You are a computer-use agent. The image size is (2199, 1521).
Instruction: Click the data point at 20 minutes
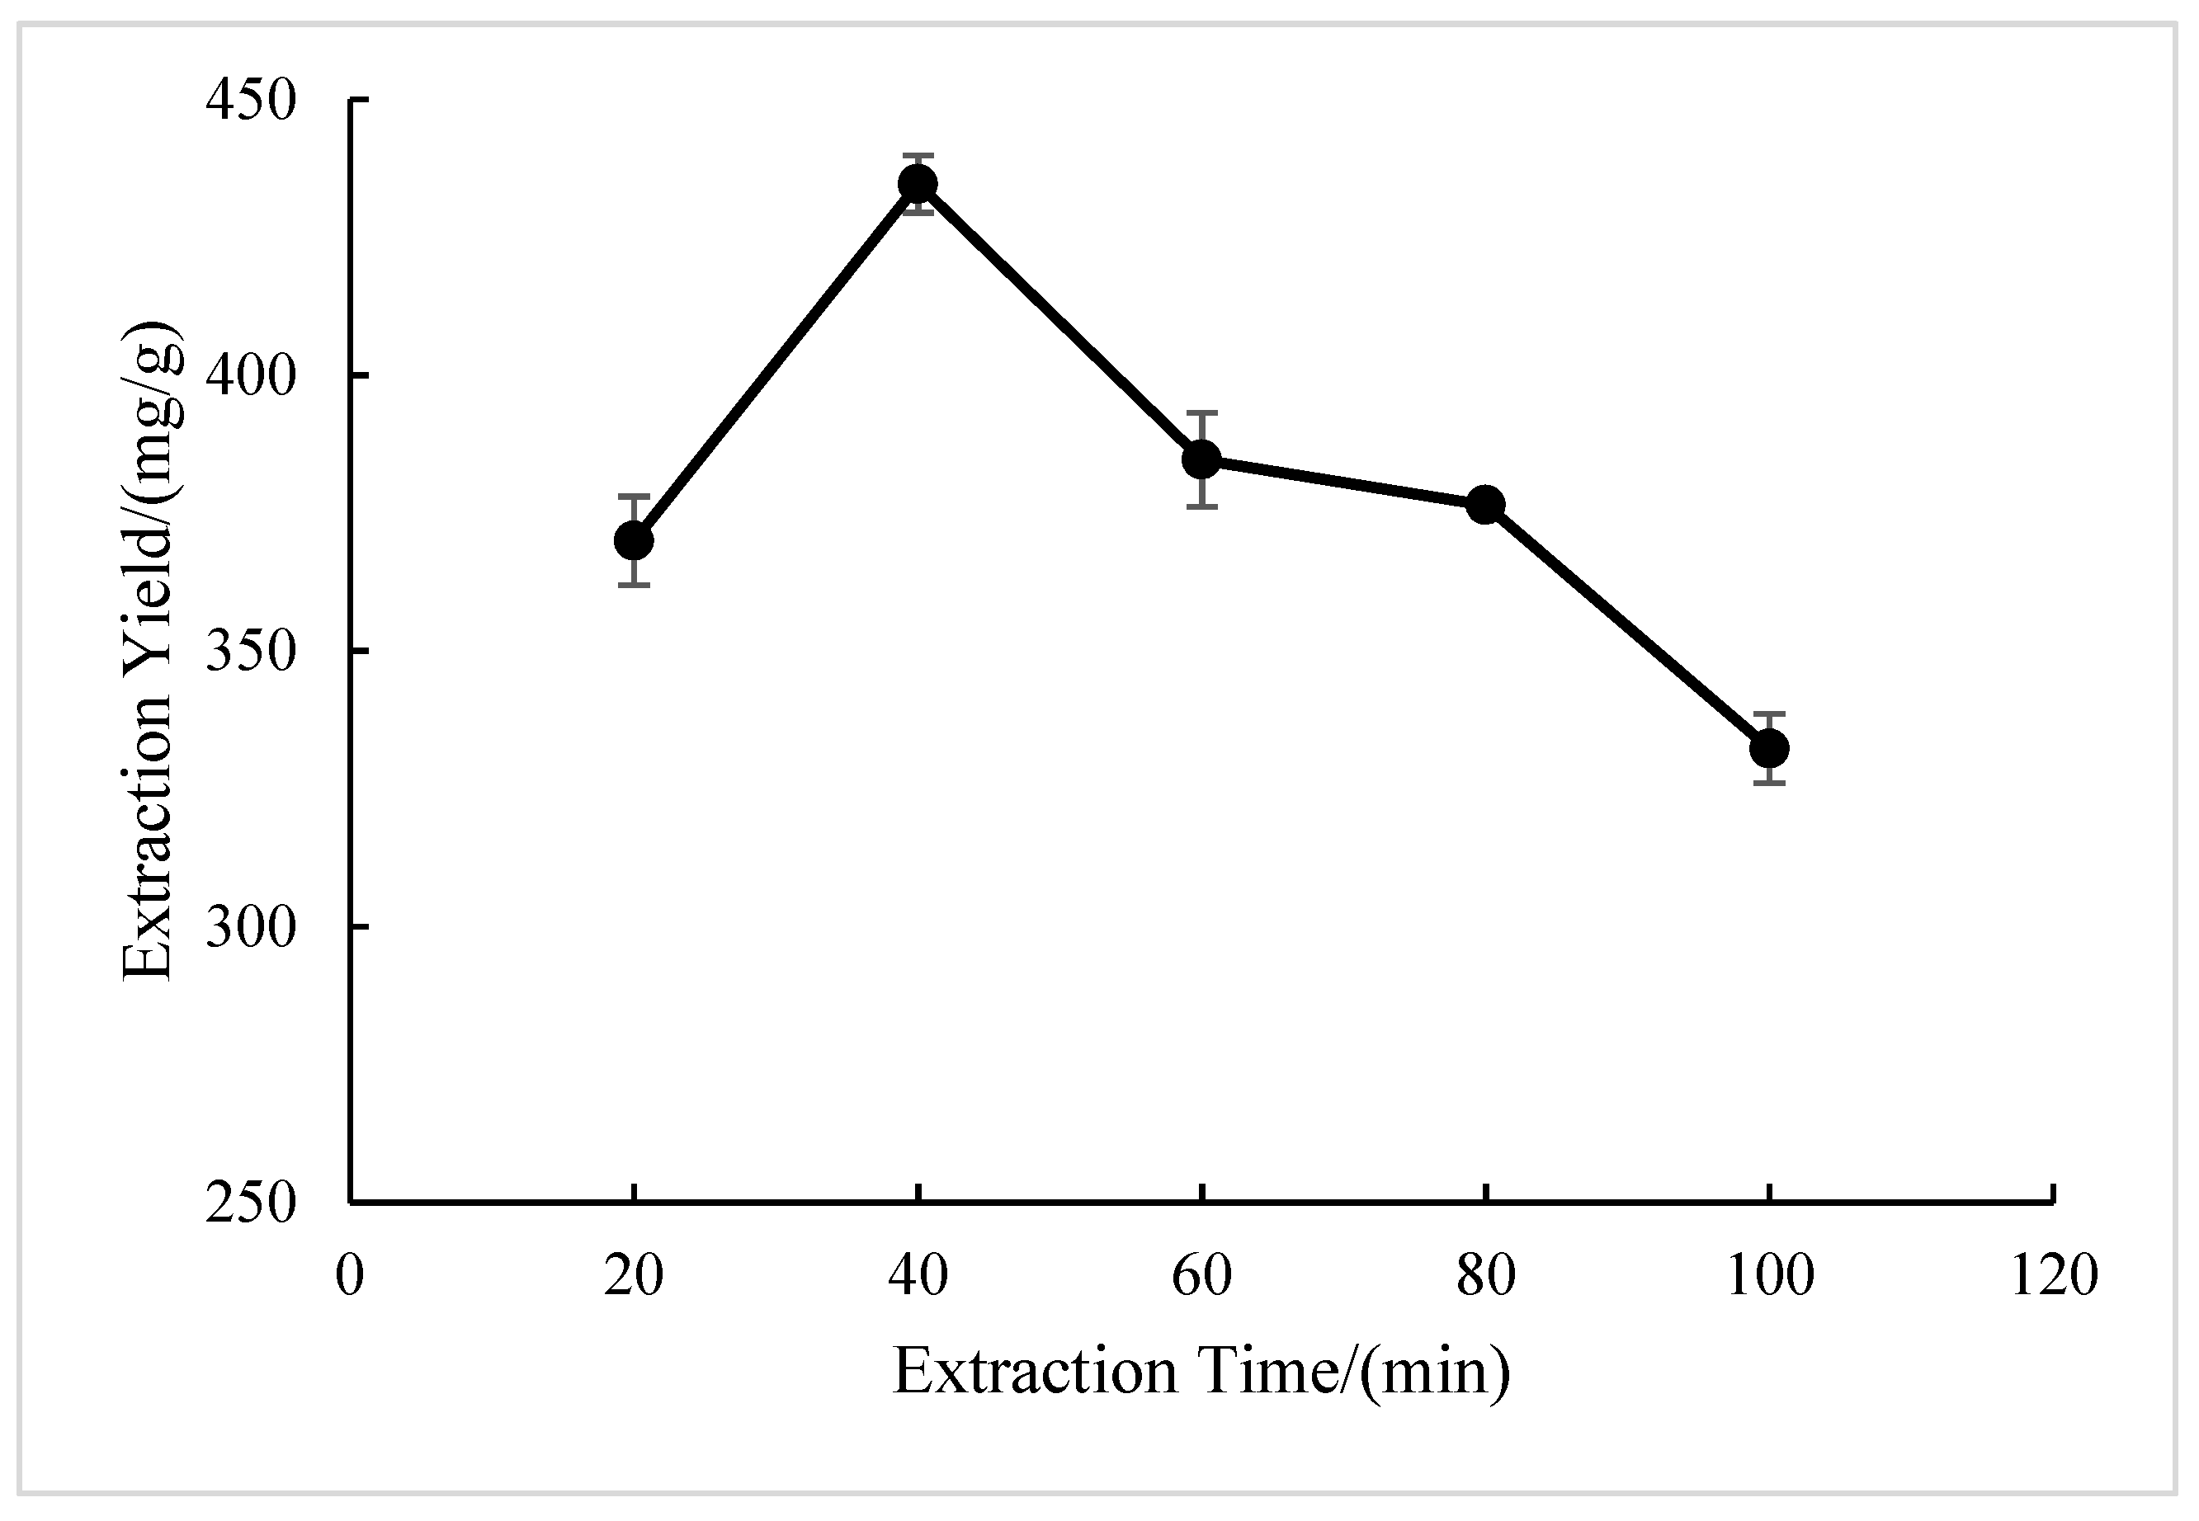[634, 541]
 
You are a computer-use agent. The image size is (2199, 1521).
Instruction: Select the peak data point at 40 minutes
[918, 184]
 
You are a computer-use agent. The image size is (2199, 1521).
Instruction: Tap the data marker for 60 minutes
[1202, 459]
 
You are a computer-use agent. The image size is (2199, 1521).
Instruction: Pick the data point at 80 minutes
[1485, 504]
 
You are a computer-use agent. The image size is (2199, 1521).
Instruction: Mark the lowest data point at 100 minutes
[1769, 748]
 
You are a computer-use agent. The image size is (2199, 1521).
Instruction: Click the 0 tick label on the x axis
[350, 1276]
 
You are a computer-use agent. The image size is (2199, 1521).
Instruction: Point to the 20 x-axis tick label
[634, 1276]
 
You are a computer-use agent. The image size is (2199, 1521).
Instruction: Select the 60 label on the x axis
[1202, 1276]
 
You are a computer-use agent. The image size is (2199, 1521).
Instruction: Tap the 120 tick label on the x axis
[2054, 1276]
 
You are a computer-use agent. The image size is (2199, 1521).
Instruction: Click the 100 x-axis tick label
[1769, 1276]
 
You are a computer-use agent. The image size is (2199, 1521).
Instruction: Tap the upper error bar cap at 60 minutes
[1202, 412]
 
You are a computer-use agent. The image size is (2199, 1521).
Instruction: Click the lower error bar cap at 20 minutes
[634, 585]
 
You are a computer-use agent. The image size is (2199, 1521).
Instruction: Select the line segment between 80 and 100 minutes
[1627, 626]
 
